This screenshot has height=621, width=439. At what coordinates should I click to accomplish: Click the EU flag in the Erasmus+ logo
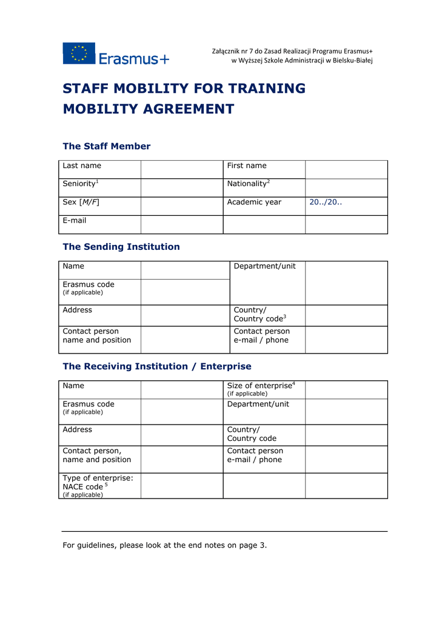[x=79, y=53]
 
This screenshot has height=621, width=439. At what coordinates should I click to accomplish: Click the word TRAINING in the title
[x=267, y=89]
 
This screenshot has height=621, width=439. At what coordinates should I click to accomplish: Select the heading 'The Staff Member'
[x=107, y=146]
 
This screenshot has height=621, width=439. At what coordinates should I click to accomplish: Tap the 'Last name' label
[x=82, y=166]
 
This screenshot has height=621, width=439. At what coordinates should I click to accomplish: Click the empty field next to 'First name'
[x=346, y=169]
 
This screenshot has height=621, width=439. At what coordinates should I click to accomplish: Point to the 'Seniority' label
[x=79, y=184]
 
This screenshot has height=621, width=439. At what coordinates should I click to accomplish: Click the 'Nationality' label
[x=247, y=184]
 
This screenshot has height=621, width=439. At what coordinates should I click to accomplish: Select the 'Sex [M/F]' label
[x=81, y=202]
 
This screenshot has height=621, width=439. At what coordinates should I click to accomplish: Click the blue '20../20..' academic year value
[x=326, y=202]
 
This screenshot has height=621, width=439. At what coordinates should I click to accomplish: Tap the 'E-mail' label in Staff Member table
[x=75, y=220]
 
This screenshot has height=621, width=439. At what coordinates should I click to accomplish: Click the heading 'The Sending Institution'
[x=121, y=247]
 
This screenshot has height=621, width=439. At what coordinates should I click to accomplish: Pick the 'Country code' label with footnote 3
[x=258, y=318]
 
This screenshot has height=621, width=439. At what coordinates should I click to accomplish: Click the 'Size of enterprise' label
[x=260, y=386]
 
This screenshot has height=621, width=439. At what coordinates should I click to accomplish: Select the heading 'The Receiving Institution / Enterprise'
[x=157, y=366]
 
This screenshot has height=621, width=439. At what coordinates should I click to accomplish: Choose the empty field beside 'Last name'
[x=182, y=169]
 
